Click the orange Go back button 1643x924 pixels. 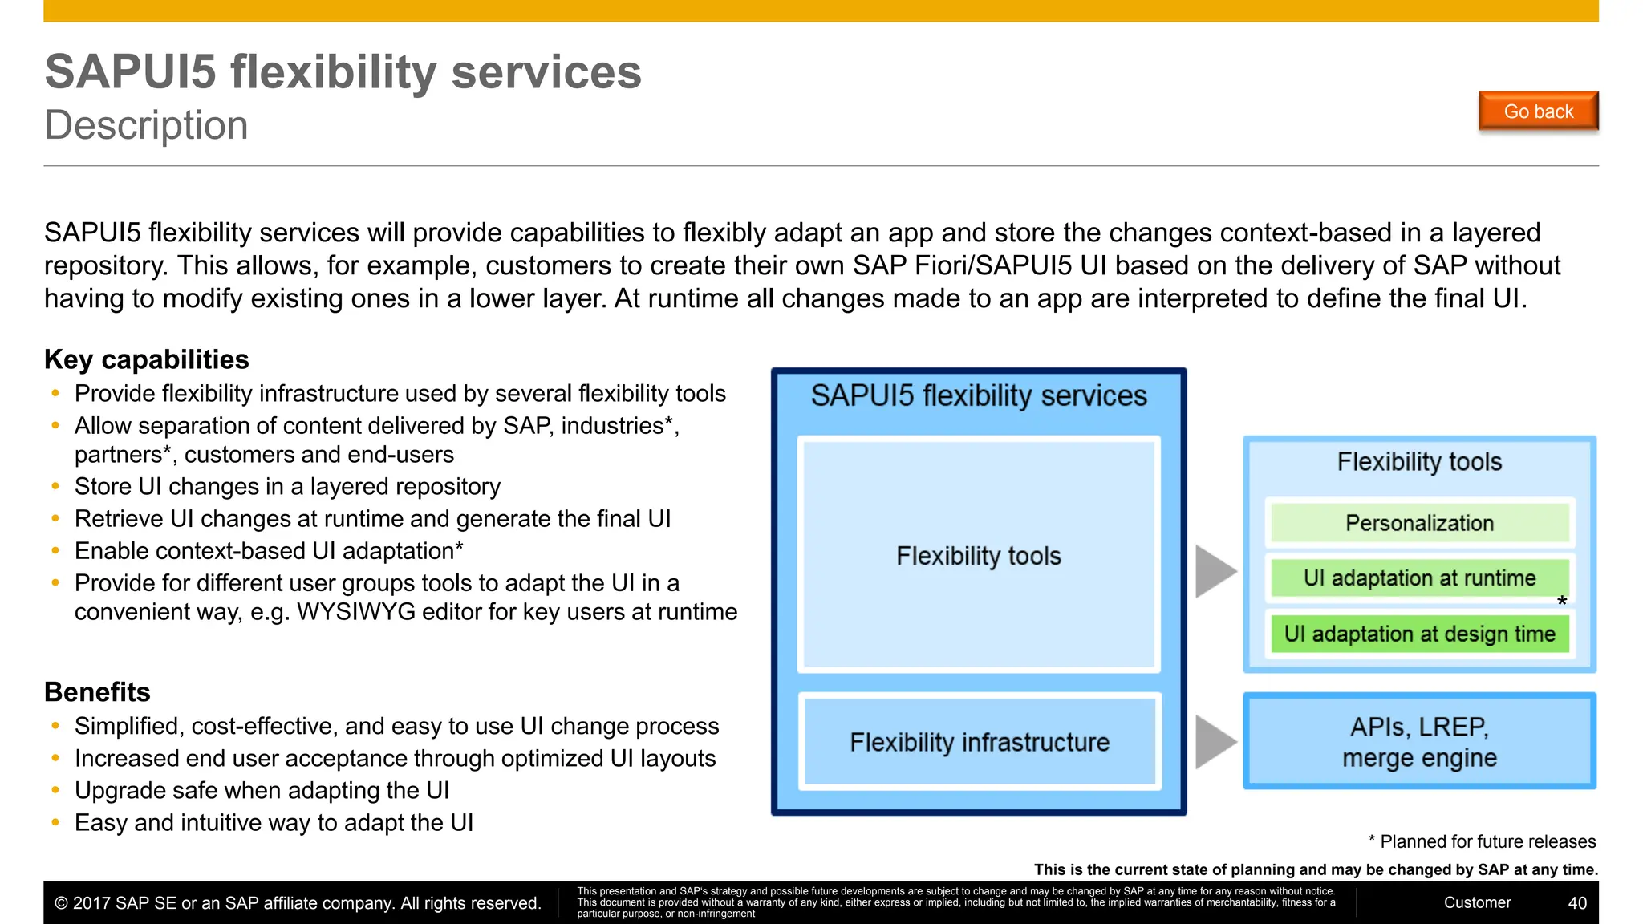[x=1538, y=111]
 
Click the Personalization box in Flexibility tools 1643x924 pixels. [x=1419, y=523]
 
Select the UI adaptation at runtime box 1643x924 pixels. [x=1419, y=578]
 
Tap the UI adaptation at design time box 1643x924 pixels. [x=1419, y=634]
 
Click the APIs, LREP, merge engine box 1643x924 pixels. [x=1419, y=742]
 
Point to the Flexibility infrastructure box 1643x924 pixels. [x=979, y=742]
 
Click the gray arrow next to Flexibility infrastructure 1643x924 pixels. [x=1215, y=742]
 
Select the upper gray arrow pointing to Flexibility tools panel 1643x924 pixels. [x=1215, y=571]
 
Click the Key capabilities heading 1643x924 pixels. [x=147, y=359]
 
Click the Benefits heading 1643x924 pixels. [x=97, y=691]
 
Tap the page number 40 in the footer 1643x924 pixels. [x=1577, y=903]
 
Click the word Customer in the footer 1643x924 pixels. [x=1477, y=902]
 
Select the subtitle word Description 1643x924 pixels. [x=146, y=125]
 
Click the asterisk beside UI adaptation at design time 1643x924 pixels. [x=1561, y=602]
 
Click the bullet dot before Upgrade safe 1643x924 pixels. [x=55, y=790]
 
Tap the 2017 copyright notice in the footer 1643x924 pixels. [x=298, y=903]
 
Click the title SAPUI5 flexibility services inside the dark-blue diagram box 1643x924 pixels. [x=979, y=396]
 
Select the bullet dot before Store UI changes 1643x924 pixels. [x=55, y=486]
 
